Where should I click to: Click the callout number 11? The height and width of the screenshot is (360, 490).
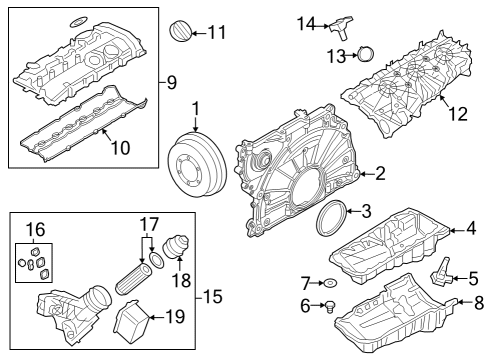(216, 33)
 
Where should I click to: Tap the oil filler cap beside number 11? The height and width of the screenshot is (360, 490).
(180, 30)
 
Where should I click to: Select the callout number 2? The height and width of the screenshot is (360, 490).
(380, 174)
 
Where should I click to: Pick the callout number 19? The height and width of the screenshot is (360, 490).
(175, 319)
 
